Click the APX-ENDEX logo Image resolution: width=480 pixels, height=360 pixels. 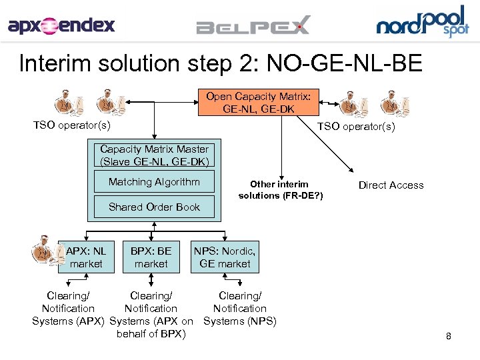[x=61, y=26]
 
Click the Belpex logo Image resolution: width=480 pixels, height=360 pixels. [x=253, y=27]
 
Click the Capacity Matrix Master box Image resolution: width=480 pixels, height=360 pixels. [x=154, y=155]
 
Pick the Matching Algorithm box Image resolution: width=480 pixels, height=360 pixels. [x=154, y=182]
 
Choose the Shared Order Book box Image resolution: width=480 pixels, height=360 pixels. [x=154, y=207]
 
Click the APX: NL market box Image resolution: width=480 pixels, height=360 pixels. [x=86, y=257]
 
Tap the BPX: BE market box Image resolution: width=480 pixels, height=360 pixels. [x=151, y=257]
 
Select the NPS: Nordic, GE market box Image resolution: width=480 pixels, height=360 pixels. [x=225, y=257]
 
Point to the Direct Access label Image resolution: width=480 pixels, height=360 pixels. [x=391, y=185]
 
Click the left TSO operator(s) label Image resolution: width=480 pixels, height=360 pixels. [x=72, y=125]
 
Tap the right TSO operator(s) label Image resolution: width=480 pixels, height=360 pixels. [x=356, y=127]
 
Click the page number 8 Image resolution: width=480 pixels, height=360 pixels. [x=449, y=337]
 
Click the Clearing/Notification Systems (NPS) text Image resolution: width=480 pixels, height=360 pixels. [x=239, y=309]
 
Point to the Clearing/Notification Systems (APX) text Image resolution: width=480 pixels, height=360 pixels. [x=68, y=309]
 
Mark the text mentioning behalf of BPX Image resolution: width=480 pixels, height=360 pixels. [x=151, y=334]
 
